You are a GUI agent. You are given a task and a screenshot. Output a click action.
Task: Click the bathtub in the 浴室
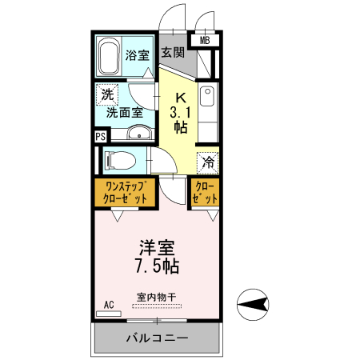[x=110, y=56]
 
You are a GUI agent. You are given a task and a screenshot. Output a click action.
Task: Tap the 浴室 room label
[x=137, y=55]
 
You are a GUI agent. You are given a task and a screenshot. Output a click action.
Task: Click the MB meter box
[x=205, y=40]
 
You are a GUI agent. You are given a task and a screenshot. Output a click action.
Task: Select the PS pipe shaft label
[x=100, y=136]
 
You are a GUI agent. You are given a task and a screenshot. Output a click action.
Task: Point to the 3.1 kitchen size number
[x=181, y=112]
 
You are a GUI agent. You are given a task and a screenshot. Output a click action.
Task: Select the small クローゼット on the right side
[x=205, y=193]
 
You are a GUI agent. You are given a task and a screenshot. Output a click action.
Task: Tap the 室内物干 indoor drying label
[x=156, y=296]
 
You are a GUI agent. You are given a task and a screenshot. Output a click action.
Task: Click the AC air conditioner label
[x=109, y=305]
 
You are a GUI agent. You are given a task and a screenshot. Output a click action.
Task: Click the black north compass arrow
[x=251, y=303]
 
